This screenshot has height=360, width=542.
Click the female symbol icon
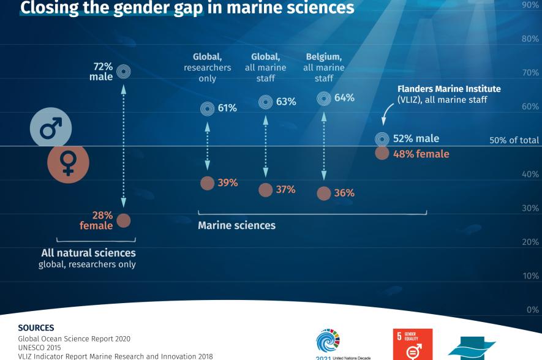click(x=68, y=163)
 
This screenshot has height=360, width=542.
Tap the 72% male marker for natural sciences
click(x=124, y=71)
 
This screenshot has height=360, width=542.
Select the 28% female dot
click(x=124, y=220)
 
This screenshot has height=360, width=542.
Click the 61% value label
click(x=227, y=108)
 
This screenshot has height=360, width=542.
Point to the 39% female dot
click(x=208, y=183)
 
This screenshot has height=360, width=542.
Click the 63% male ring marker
click(x=266, y=102)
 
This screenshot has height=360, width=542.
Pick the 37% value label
click(x=285, y=190)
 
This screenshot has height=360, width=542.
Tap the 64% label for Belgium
click(x=344, y=97)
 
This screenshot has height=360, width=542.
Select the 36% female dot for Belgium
click(x=324, y=193)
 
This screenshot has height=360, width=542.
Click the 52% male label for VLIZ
click(x=416, y=139)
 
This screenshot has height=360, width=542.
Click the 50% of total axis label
click(x=514, y=140)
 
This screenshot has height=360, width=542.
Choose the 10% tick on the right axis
click(x=530, y=276)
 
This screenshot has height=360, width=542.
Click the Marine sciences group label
click(x=236, y=225)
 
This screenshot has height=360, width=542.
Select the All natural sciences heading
click(x=88, y=252)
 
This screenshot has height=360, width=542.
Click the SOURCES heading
click(x=36, y=328)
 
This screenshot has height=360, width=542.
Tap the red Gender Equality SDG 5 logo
click(x=412, y=345)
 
